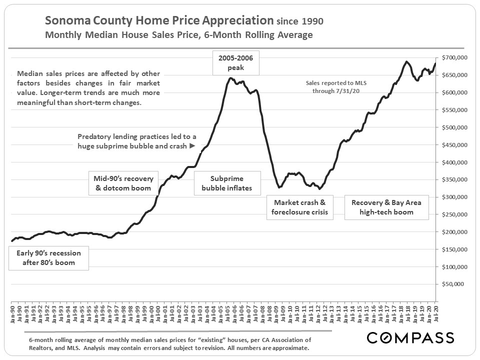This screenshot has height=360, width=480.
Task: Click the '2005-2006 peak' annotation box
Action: click(235, 62)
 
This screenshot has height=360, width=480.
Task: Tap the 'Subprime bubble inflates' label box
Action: click(227, 183)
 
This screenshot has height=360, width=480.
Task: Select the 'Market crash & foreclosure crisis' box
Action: click(299, 207)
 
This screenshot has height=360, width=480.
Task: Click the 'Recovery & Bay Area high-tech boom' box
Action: click(386, 207)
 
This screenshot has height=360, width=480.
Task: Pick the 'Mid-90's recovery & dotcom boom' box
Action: click(123, 183)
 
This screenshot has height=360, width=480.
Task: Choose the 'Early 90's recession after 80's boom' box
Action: click(49, 257)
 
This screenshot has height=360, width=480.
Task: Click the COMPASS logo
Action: click(410, 337)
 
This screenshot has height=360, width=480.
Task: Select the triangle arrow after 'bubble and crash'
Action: click(191, 146)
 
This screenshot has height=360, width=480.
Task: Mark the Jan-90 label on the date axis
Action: click(12, 313)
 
